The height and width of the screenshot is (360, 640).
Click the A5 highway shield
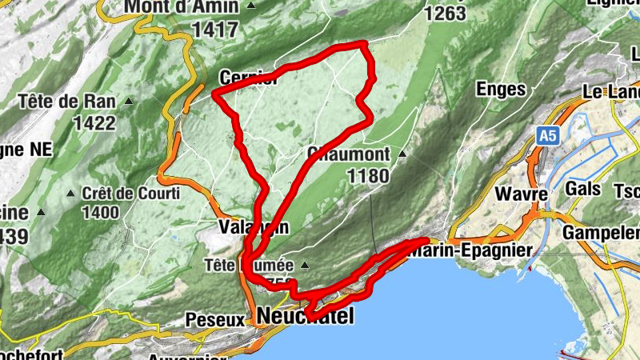click(x=547, y=137)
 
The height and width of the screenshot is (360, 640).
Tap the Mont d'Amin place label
click(x=181, y=7)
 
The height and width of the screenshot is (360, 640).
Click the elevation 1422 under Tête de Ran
click(x=93, y=123)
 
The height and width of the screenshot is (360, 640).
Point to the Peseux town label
click(x=214, y=319)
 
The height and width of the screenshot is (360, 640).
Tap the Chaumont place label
click(x=348, y=154)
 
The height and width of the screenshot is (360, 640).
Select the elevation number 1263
click(x=446, y=14)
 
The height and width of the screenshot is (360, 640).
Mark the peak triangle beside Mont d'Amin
click(x=251, y=6)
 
